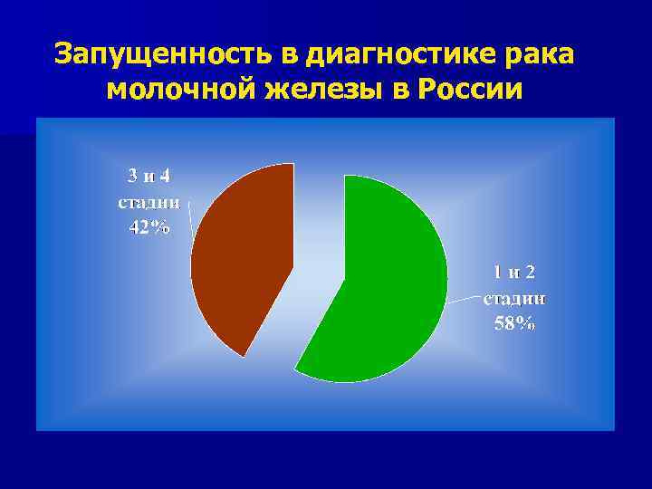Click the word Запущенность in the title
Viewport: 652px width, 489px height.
point(164,54)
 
